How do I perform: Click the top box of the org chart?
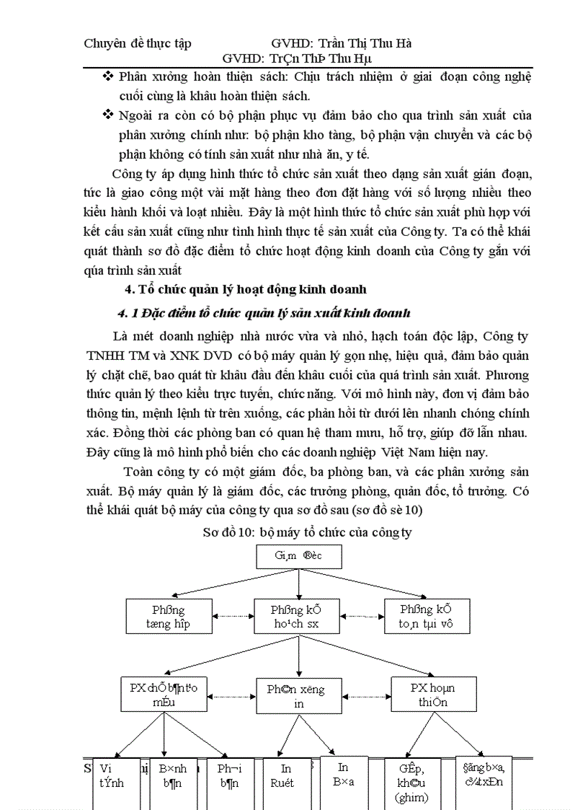click(x=298, y=556)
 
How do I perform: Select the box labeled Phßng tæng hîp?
click(x=167, y=617)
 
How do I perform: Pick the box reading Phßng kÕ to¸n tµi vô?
click(x=427, y=617)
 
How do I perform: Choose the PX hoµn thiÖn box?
click(x=432, y=695)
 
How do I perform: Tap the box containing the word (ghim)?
click(x=412, y=783)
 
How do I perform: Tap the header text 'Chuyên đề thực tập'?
click(x=138, y=44)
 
